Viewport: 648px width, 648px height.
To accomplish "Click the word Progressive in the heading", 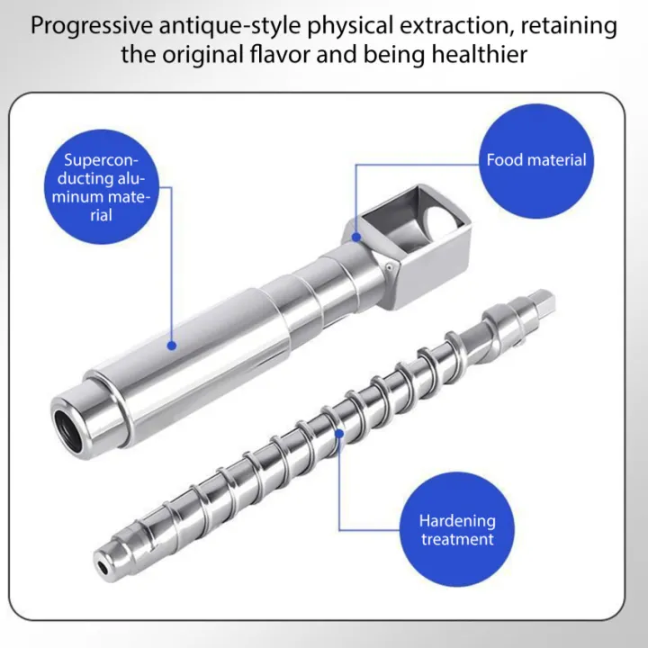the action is [92, 26].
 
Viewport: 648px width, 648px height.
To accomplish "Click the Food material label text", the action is [536, 160].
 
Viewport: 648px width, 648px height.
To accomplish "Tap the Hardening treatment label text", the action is [457, 530].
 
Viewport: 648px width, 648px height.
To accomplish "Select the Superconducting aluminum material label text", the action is [101, 187].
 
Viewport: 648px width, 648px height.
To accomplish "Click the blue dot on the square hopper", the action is [356, 238].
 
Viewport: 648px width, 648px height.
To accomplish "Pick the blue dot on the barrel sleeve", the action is [172, 346].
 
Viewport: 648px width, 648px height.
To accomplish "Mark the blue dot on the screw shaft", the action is [339, 434].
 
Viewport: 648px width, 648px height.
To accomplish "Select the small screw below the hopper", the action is [389, 268].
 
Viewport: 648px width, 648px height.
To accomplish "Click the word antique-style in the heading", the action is [229, 26].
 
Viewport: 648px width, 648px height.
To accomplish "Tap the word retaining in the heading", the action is [569, 26].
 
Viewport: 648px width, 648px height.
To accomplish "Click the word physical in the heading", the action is [350, 26].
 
